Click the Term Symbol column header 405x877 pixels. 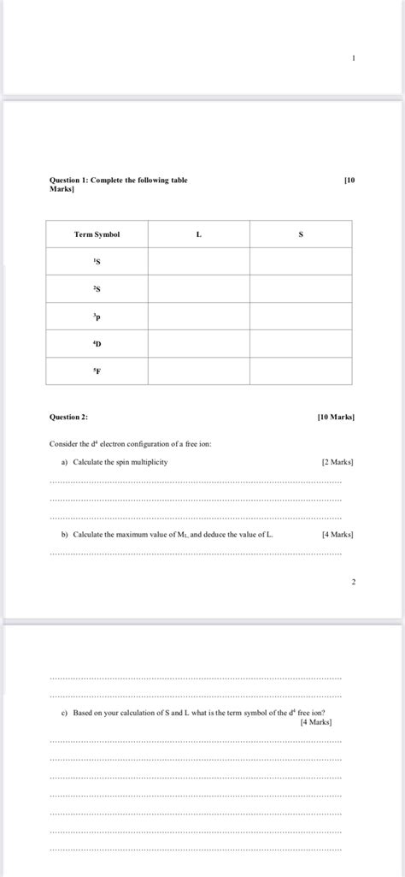click(97, 234)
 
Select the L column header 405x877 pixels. click(198, 234)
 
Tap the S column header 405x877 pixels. click(301, 234)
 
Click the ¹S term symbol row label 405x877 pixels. click(97, 262)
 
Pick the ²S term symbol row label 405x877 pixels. click(97, 289)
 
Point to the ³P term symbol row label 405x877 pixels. click(97, 317)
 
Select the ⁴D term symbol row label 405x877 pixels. click(97, 344)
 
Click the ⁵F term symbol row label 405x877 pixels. click(97, 371)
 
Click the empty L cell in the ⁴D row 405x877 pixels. click(198, 344)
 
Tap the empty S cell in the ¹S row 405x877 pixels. click(301, 262)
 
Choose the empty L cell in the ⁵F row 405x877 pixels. click(198, 371)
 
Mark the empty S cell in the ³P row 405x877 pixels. click(301, 317)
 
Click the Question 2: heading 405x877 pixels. click(68, 418)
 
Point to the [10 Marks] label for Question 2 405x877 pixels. click(335, 418)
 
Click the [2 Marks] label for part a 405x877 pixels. click(337, 462)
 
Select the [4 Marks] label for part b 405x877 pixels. click(337, 535)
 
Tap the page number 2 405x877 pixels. click(353, 582)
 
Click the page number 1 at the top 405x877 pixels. click(353, 57)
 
